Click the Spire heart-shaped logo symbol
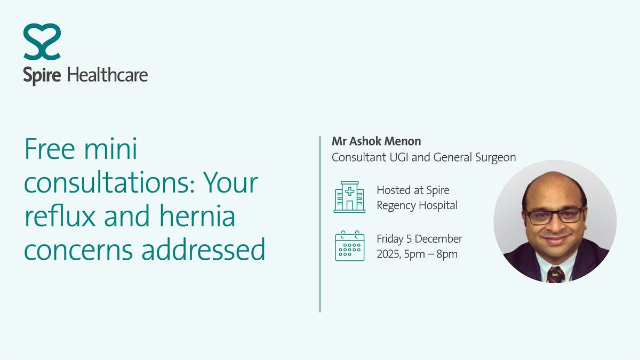click(x=42, y=42)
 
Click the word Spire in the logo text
click(x=43, y=75)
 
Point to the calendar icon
click(x=349, y=246)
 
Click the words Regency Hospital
click(x=417, y=205)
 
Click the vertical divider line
click(x=320, y=225)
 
